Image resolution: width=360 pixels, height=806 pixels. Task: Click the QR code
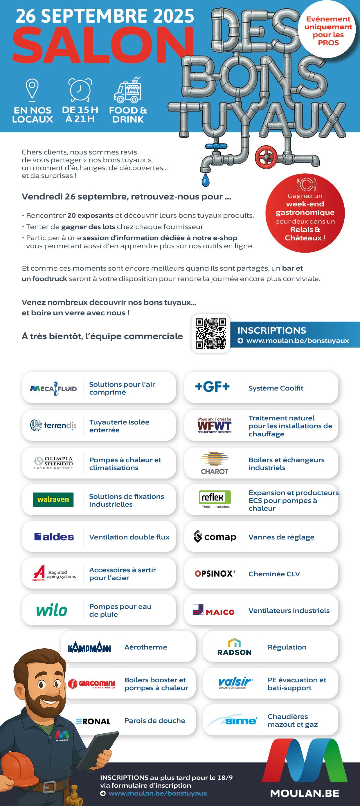[211, 333]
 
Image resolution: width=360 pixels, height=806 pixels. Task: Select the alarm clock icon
[80, 90]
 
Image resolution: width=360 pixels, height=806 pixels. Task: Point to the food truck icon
[128, 90]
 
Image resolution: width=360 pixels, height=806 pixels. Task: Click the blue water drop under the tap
[206, 180]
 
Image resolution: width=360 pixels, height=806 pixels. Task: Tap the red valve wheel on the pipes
[266, 157]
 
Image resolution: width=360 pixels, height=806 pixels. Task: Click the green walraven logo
[53, 500]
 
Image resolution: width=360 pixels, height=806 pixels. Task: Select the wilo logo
[52, 610]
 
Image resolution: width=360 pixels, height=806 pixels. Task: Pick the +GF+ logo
[213, 387]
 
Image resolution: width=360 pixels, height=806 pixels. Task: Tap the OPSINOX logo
[215, 573]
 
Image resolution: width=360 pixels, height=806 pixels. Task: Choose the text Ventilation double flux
[129, 537]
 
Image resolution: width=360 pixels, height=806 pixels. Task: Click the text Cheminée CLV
[274, 574]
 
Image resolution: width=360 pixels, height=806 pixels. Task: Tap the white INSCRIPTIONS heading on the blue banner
[271, 330]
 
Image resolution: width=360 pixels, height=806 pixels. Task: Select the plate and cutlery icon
[306, 185]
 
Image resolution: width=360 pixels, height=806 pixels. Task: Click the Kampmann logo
[89, 647]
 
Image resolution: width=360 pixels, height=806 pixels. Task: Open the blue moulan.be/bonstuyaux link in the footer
[158, 793]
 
